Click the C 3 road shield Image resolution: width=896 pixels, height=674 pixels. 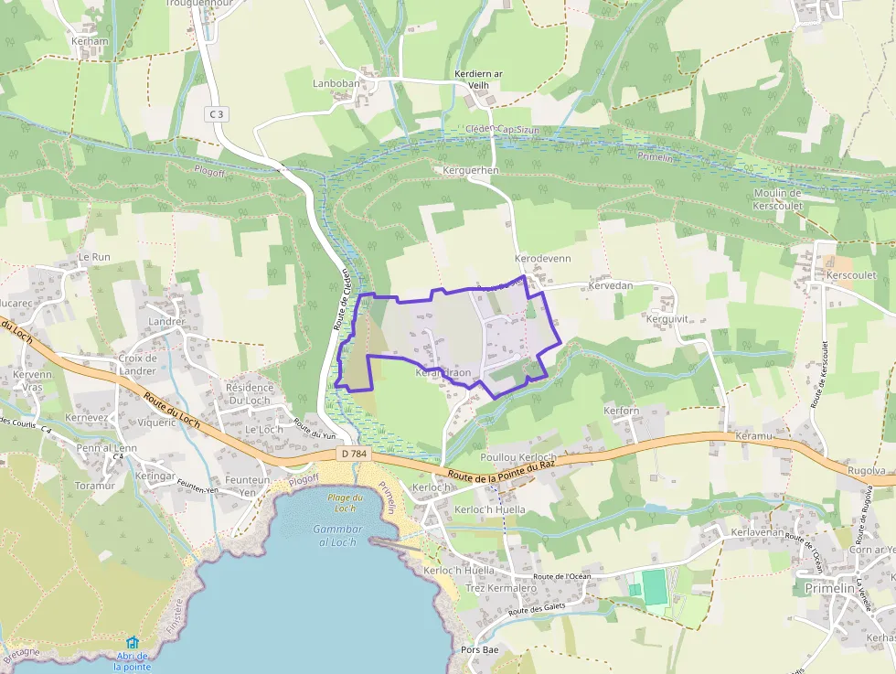pyautogui.click(x=216, y=113)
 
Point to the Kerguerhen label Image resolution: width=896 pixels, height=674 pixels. pyautogui.click(x=470, y=170)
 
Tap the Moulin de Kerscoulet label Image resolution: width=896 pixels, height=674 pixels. pyautogui.click(x=777, y=199)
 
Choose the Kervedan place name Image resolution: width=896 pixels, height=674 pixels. pyautogui.click(x=611, y=286)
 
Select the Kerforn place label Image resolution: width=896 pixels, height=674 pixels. pyautogui.click(x=622, y=411)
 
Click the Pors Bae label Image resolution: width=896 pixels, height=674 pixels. pyautogui.click(x=473, y=650)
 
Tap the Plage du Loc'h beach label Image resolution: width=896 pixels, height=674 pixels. pyautogui.click(x=345, y=502)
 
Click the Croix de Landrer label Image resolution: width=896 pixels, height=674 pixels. pyautogui.click(x=138, y=364)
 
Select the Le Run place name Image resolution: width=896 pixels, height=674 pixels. pyautogui.click(x=94, y=257)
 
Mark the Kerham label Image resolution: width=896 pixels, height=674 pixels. pyautogui.click(x=90, y=41)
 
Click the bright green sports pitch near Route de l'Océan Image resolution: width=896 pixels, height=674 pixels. pyautogui.click(x=655, y=587)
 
